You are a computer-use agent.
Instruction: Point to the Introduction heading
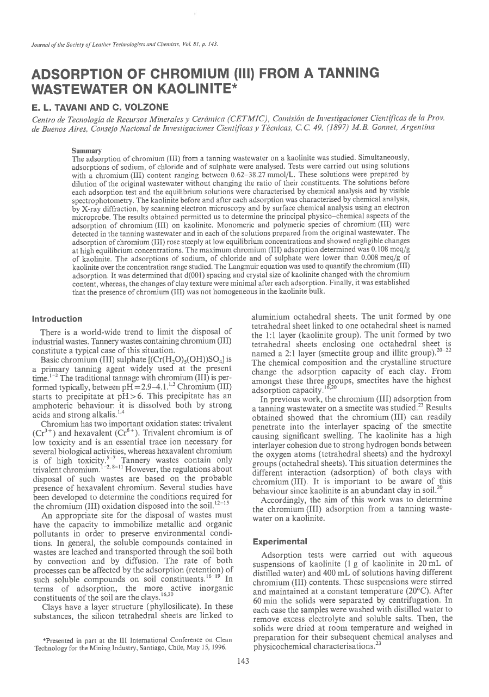pos(57,319)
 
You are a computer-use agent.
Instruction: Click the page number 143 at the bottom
pos(244,676)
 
